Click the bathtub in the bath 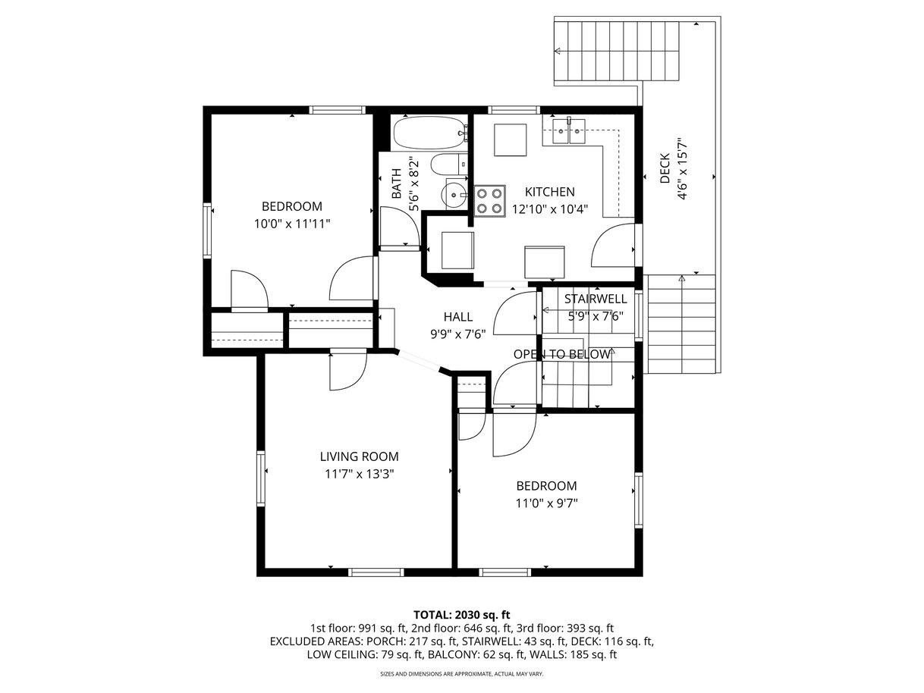tap(430, 133)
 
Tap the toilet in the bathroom tap(449, 164)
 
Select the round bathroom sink tap(454, 194)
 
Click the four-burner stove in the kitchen tap(490, 201)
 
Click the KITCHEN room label tap(549, 192)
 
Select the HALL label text tap(457, 316)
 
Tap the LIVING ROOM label tap(359, 456)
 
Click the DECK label tap(665, 168)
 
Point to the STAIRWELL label tap(596, 299)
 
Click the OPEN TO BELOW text tap(561, 354)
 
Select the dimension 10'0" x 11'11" tap(292, 224)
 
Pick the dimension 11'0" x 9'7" tap(546, 503)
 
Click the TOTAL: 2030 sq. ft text tap(462, 615)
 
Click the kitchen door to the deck tap(613, 246)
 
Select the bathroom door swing tap(400, 227)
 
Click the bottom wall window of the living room tap(376, 572)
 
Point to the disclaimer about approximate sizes tap(462, 674)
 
